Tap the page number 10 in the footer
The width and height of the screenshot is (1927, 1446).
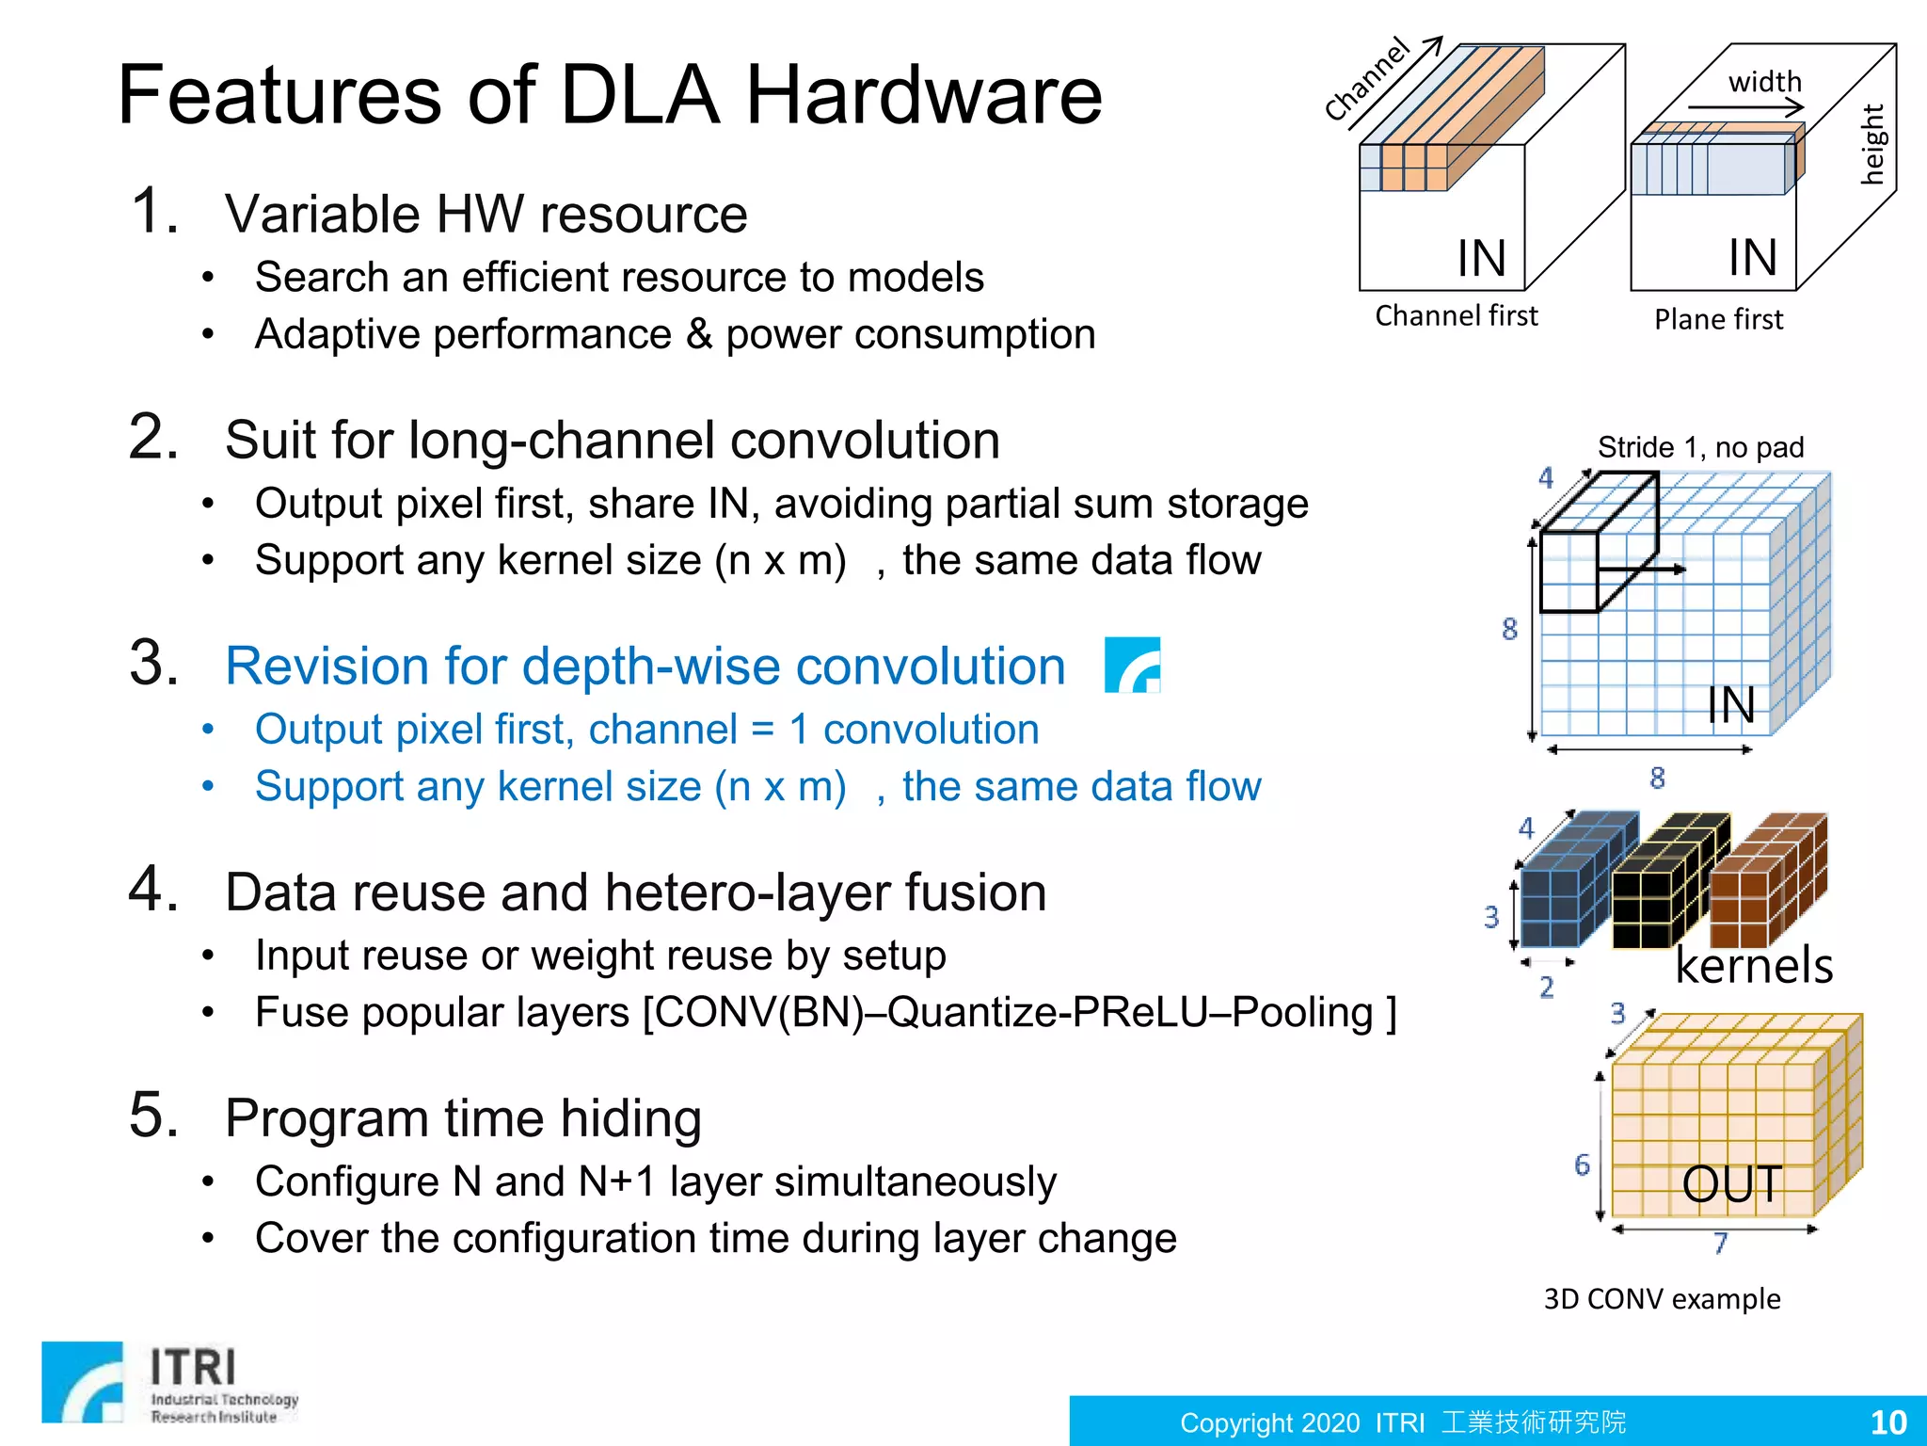1887,1422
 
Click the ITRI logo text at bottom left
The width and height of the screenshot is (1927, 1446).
193,1367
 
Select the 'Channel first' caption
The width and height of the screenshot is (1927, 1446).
1456,316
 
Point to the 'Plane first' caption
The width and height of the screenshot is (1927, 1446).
1718,320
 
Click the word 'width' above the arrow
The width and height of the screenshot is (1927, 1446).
1764,82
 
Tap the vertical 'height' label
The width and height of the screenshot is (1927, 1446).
1872,144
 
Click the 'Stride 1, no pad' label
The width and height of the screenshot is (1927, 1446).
1700,447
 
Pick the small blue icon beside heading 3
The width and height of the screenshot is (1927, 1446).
1132,665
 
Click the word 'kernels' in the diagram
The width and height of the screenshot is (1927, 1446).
1754,966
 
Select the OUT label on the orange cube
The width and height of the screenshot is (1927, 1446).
1731,1183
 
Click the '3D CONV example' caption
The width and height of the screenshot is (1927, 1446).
1662,1299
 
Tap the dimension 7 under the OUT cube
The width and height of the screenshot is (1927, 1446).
1720,1244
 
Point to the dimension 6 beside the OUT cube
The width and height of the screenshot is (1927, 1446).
1583,1165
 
